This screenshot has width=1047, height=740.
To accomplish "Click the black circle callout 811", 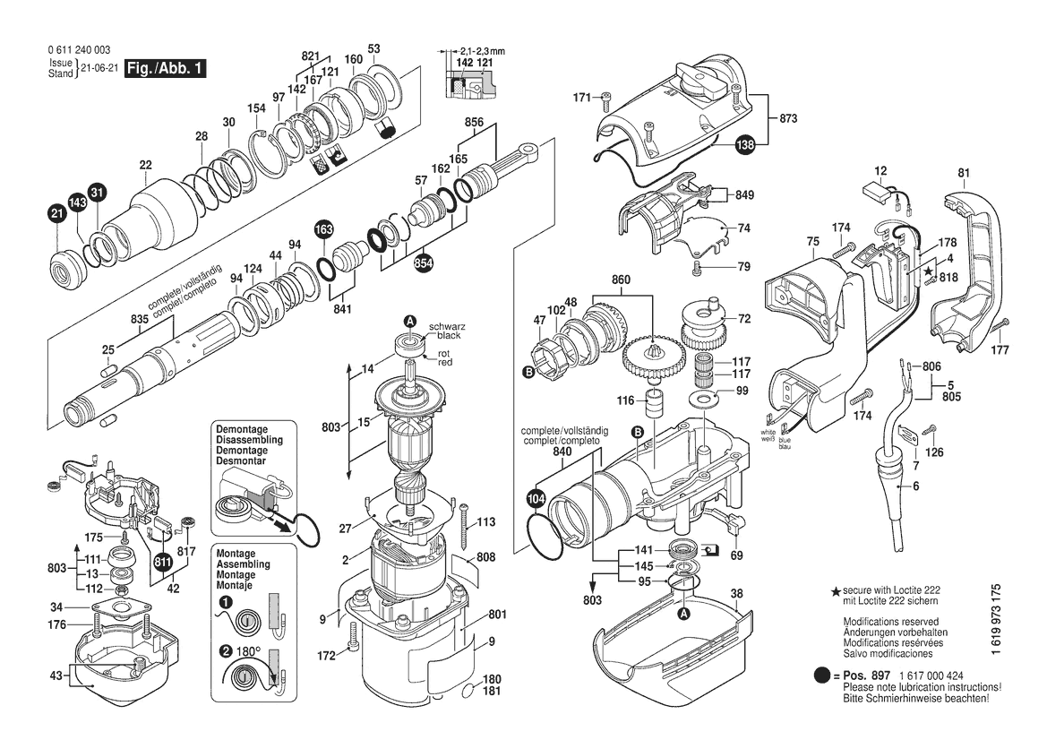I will tap(162, 562).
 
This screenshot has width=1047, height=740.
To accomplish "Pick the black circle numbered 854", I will tap(424, 263).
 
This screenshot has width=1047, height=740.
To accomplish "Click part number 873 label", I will tap(788, 119).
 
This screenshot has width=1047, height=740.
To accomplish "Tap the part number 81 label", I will tap(964, 173).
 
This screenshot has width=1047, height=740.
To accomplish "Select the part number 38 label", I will tap(736, 593).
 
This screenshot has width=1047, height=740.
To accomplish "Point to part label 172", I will tap(326, 657).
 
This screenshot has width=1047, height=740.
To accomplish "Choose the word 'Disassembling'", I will tap(249, 441).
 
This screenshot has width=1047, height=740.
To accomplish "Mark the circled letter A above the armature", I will tap(409, 321).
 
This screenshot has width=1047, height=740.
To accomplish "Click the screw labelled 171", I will tap(606, 98).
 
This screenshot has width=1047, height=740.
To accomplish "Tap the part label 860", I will tap(622, 280).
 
